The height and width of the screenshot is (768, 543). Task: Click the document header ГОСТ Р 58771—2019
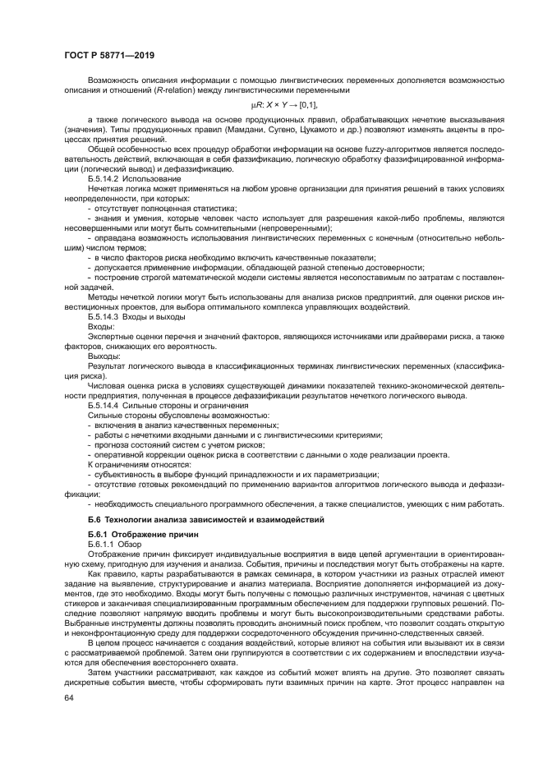(109, 54)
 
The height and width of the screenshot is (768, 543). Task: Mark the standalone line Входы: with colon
(100, 325)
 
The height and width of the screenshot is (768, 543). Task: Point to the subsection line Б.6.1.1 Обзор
(115, 544)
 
